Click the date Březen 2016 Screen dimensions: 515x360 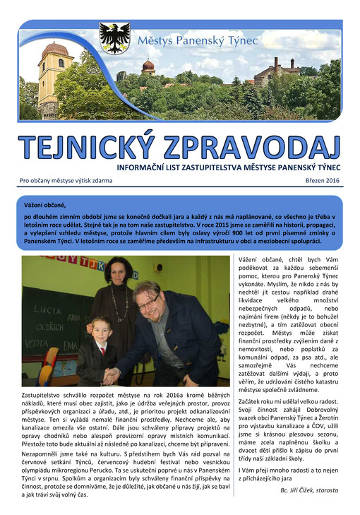[x=323, y=181]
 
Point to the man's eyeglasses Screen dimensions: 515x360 [x=148, y=302]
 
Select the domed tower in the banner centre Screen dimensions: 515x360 [x=148, y=67]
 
